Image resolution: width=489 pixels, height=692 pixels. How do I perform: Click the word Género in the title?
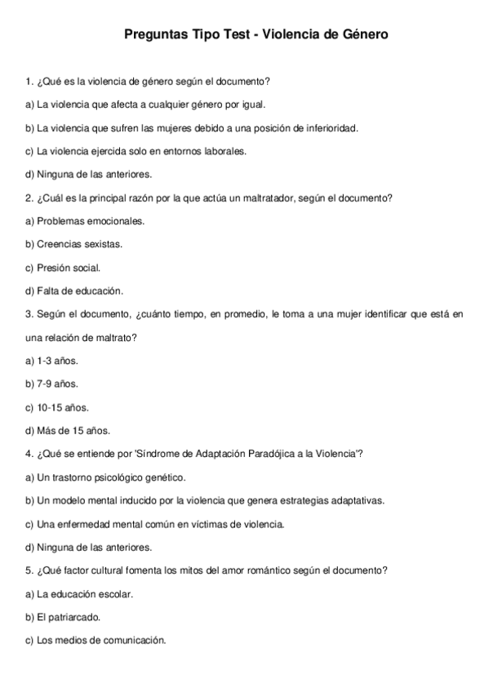[360, 35]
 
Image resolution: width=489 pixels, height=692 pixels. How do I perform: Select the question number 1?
[29, 82]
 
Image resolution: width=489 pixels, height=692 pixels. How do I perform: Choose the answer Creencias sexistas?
[80, 244]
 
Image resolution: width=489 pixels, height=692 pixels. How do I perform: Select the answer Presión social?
[69, 268]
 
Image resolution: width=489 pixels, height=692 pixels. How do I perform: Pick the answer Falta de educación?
[80, 291]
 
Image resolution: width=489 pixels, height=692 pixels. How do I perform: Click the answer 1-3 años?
[58, 360]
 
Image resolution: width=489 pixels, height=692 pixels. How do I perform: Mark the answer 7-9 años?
[58, 384]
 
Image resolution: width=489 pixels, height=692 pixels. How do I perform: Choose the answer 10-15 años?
[63, 406]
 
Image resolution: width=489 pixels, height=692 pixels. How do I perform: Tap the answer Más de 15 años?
[73, 430]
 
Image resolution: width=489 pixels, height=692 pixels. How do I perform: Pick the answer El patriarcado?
[69, 617]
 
